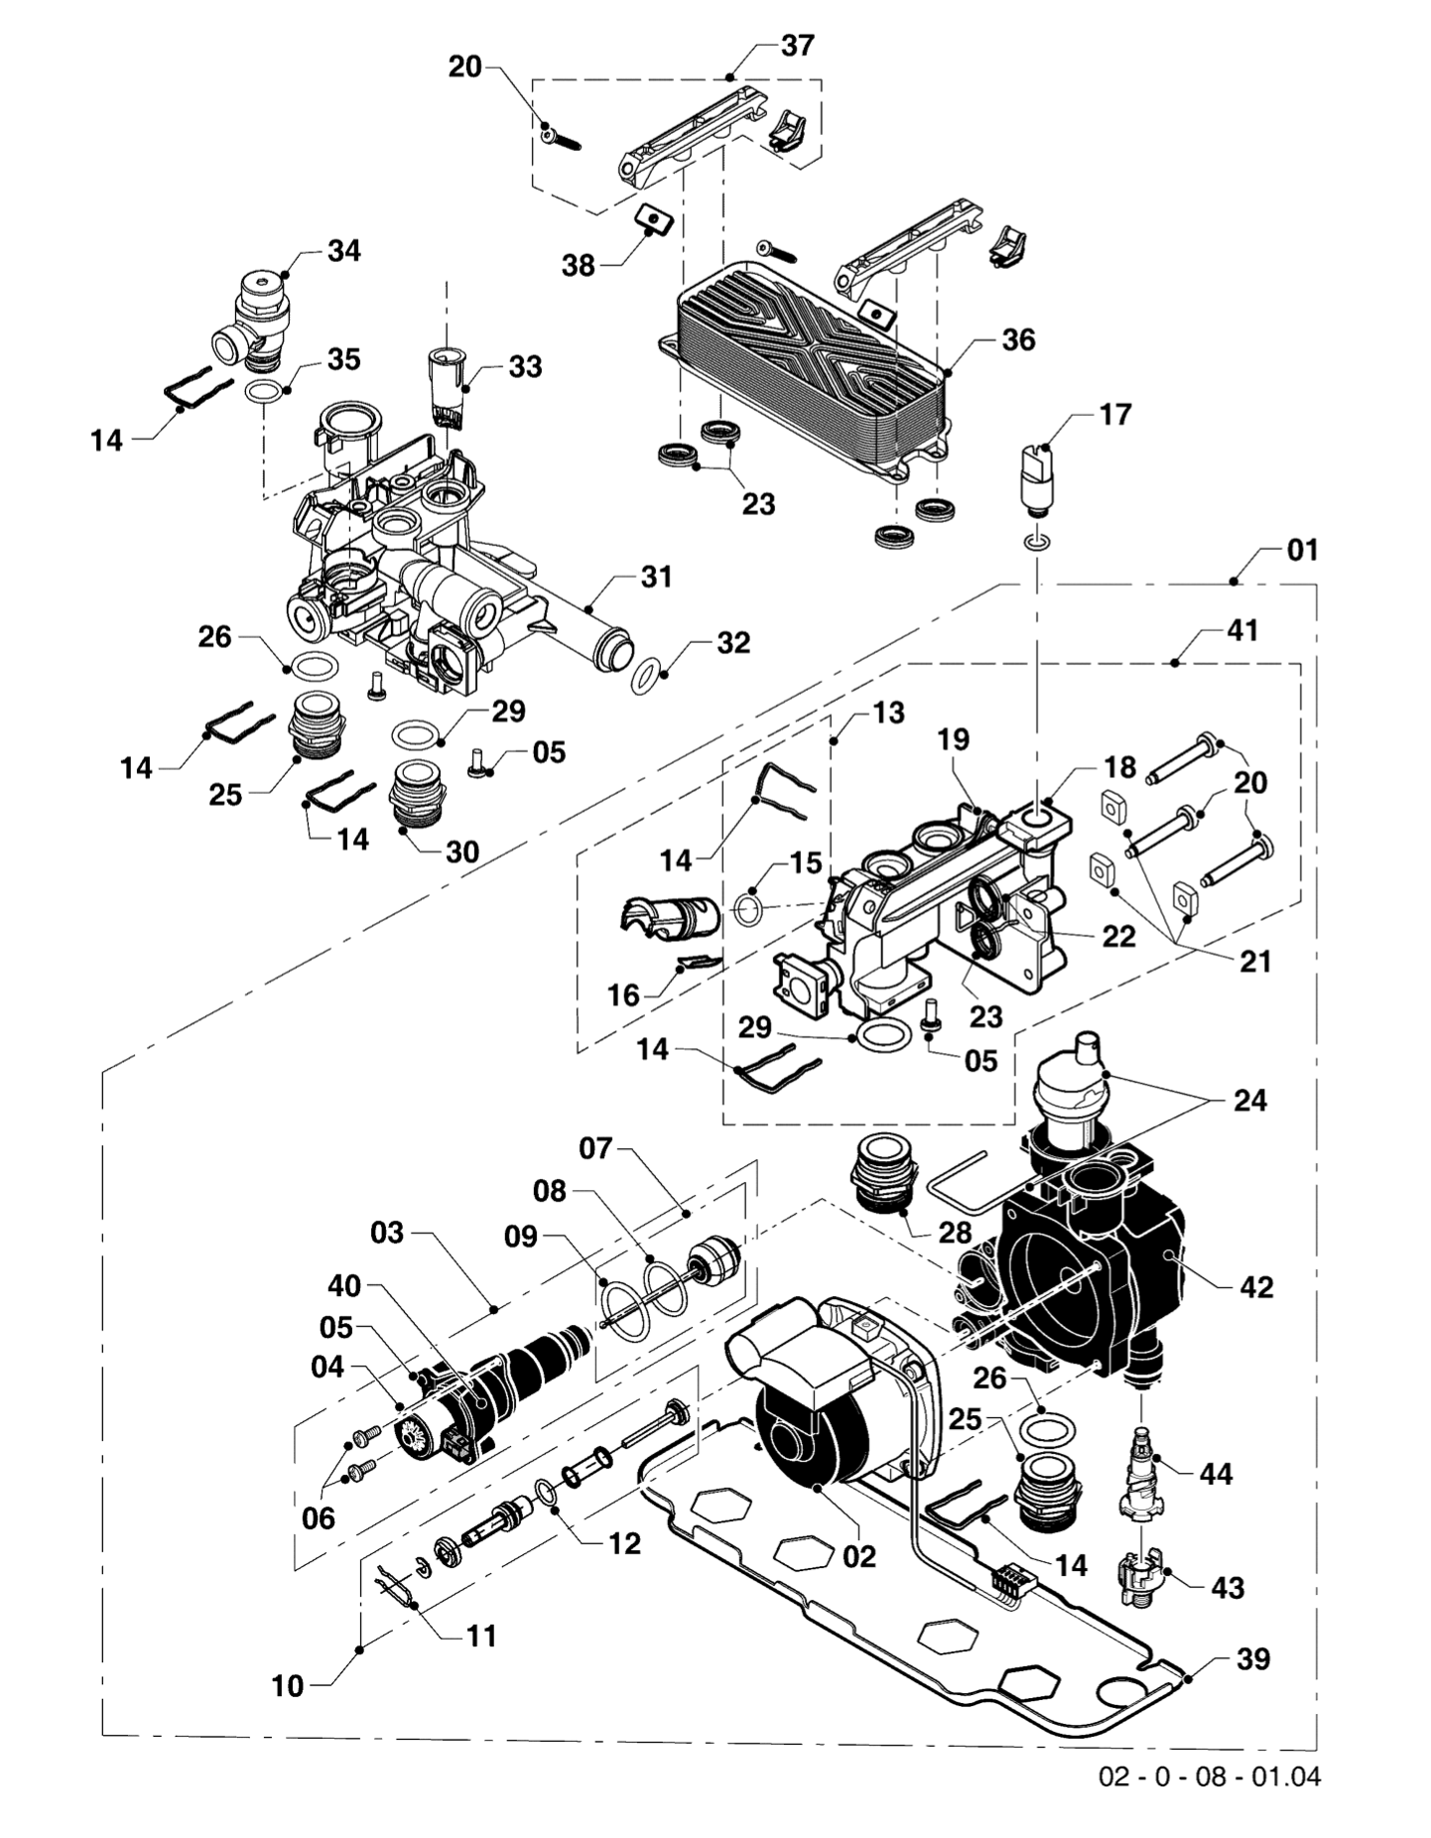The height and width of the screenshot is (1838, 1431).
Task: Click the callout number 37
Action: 797,46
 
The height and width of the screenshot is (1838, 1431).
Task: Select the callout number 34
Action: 343,251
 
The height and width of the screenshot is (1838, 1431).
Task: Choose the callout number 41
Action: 1241,631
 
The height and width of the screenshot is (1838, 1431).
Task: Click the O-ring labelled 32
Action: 646,678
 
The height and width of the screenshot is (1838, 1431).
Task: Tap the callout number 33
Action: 525,367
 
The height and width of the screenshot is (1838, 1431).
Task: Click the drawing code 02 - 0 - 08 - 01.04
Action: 1209,1776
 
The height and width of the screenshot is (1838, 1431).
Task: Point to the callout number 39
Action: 1253,1659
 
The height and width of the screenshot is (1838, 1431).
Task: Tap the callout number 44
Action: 1216,1474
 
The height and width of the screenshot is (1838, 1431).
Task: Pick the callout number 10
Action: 287,1686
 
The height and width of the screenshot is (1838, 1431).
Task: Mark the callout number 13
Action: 888,713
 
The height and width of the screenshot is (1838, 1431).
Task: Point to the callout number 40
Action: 344,1286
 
